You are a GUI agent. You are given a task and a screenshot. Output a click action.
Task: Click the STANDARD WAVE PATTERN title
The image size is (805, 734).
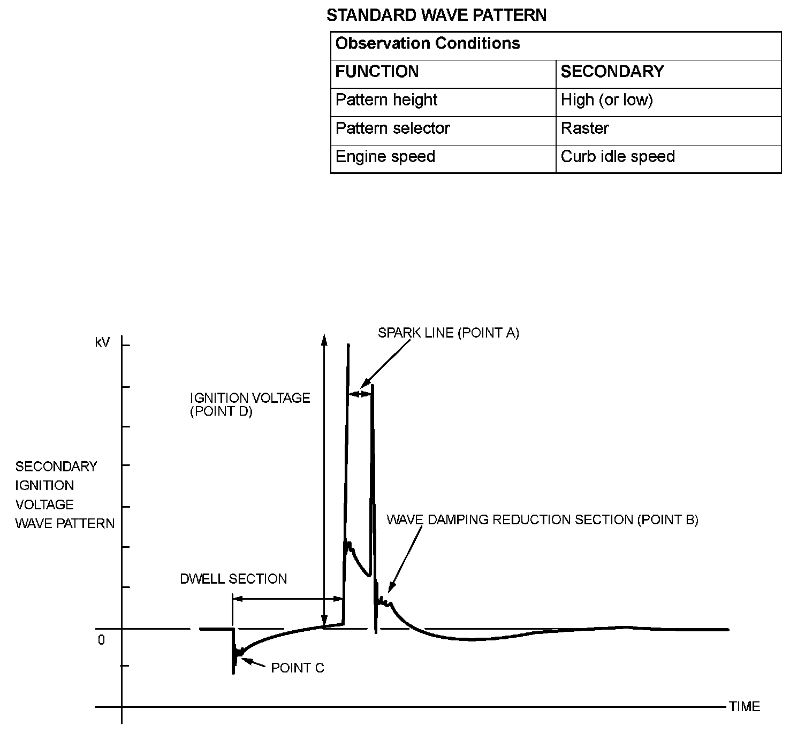point(436,16)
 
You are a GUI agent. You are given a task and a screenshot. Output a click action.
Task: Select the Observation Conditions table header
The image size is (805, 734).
point(427,43)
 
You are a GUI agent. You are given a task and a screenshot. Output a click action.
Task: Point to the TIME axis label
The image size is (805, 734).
point(744,707)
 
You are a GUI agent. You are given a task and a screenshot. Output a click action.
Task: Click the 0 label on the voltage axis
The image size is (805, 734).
point(101,640)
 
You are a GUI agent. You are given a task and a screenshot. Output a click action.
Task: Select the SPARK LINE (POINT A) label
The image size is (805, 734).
point(448,333)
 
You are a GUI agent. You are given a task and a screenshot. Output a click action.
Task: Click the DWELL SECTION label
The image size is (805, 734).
point(233,579)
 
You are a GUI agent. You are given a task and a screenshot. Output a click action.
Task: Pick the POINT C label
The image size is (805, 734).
point(297,668)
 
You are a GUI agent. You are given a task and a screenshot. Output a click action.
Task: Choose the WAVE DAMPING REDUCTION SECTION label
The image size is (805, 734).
point(542,520)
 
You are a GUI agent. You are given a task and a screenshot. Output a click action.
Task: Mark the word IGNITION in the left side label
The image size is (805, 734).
point(44,486)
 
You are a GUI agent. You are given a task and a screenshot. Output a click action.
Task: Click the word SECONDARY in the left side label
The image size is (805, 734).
point(56,467)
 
